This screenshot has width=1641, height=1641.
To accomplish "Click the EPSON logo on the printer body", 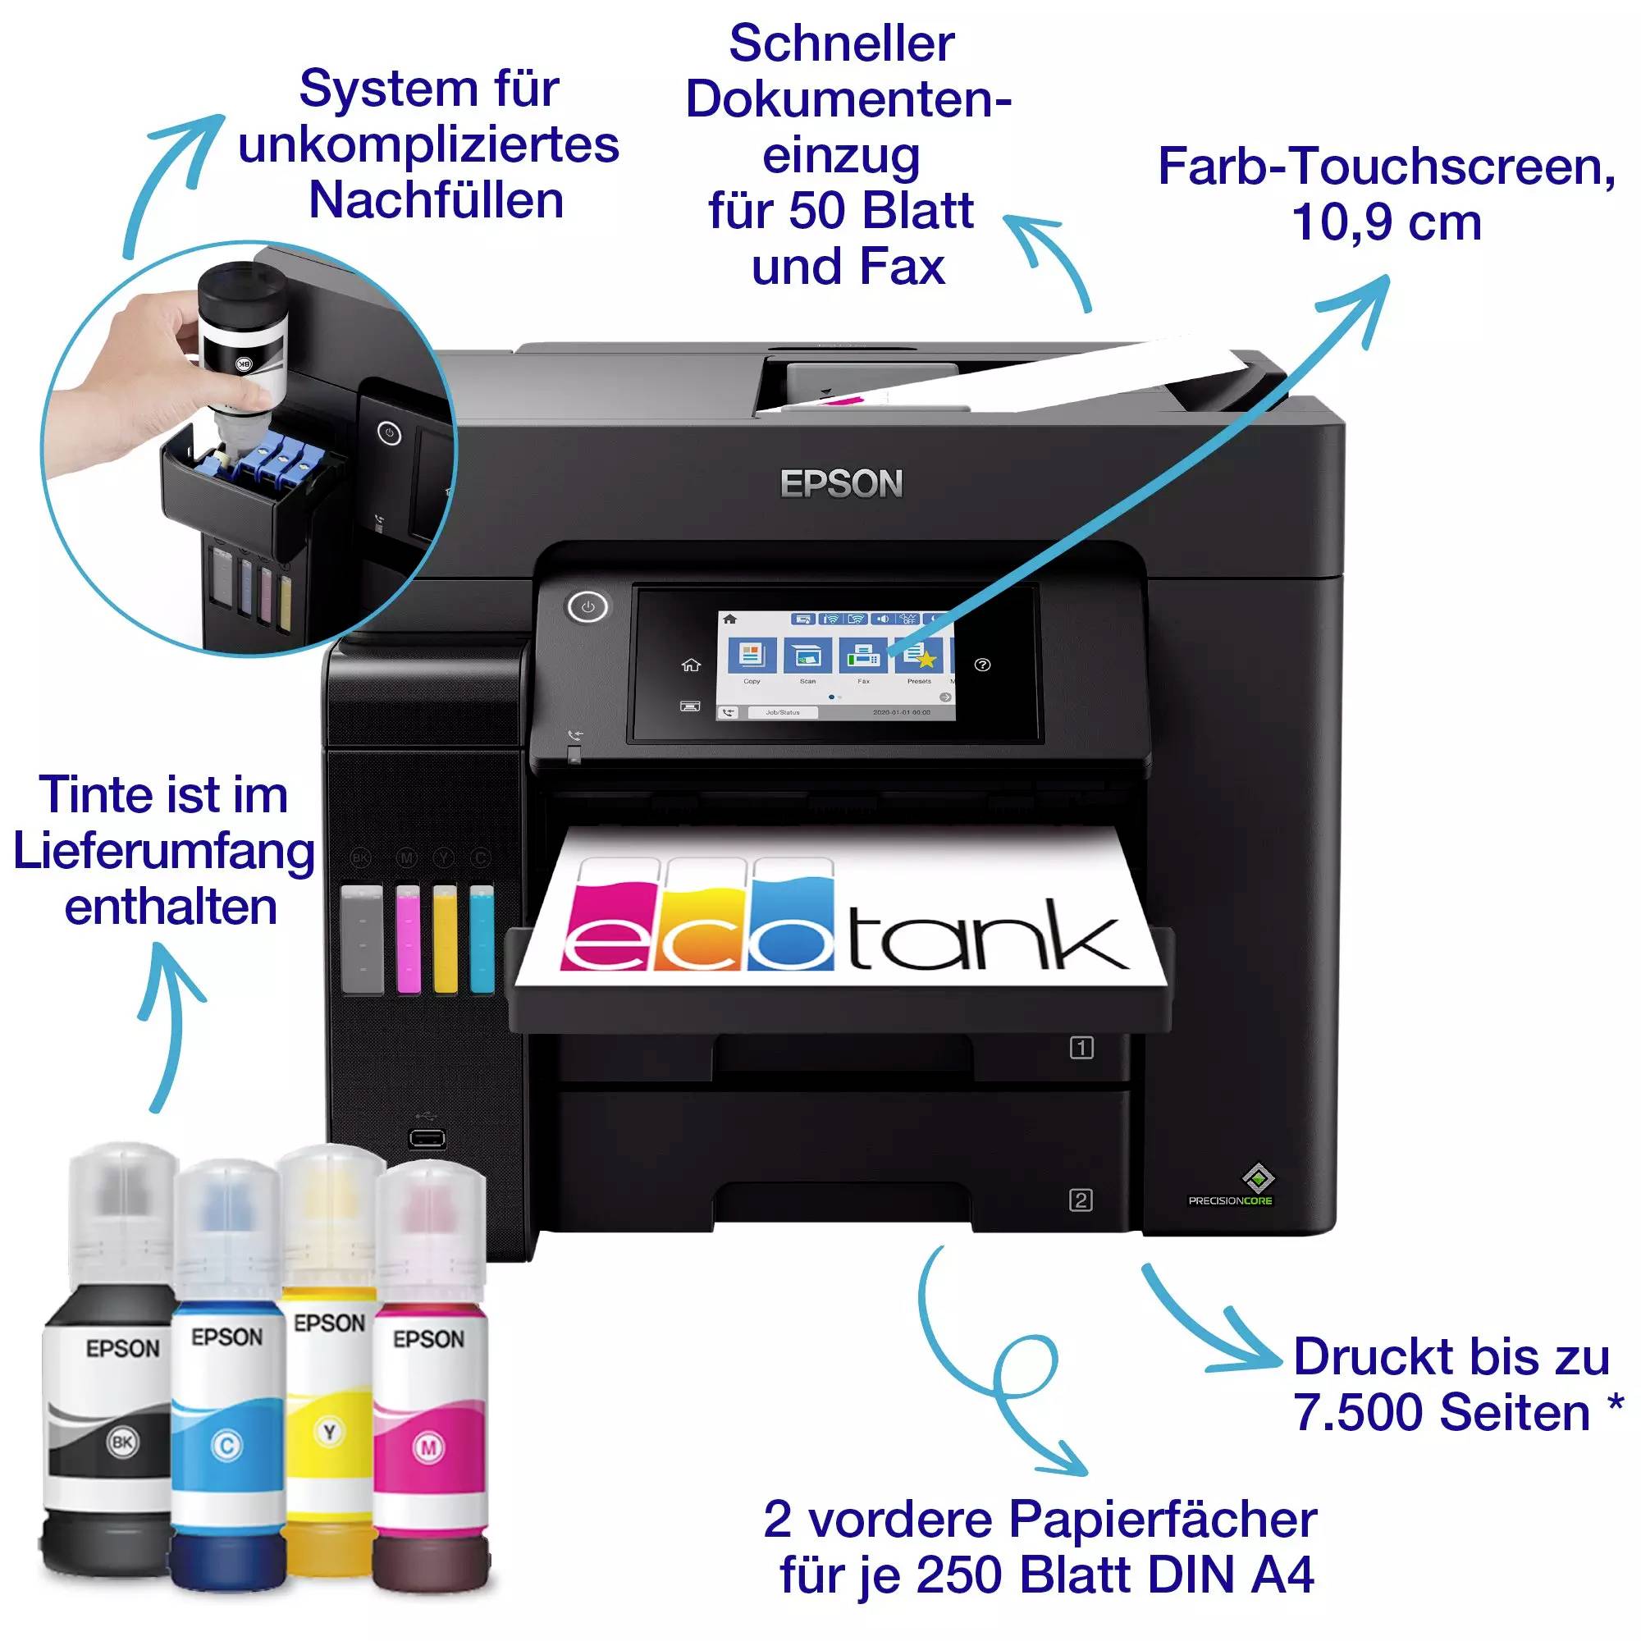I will [841, 483].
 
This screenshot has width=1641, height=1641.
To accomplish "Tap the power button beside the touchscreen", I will [587, 607].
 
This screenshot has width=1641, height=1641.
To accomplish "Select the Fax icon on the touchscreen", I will [863, 656].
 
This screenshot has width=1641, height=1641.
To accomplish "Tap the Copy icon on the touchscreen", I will [752, 656].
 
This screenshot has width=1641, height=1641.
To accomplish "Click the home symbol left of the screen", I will [691, 665].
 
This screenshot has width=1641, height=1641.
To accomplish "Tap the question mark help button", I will [983, 665].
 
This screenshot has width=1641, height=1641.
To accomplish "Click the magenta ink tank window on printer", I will [408, 939].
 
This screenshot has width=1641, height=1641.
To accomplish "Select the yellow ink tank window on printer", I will [444, 939].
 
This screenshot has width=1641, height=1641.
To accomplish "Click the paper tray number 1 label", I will [1081, 1048].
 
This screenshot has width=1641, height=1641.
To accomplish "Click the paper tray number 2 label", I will [1081, 1200].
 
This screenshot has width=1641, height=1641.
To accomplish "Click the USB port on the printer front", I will [427, 1138].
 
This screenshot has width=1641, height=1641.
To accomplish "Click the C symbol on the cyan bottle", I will [226, 1446].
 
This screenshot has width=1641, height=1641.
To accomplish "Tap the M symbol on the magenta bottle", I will [429, 1447].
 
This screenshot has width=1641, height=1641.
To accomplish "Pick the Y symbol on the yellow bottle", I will [329, 1433].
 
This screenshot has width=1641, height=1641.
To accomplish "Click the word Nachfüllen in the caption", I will [436, 200].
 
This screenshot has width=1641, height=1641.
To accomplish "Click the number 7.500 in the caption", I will [1357, 1414].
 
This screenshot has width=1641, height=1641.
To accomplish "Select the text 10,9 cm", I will [1386, 222].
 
